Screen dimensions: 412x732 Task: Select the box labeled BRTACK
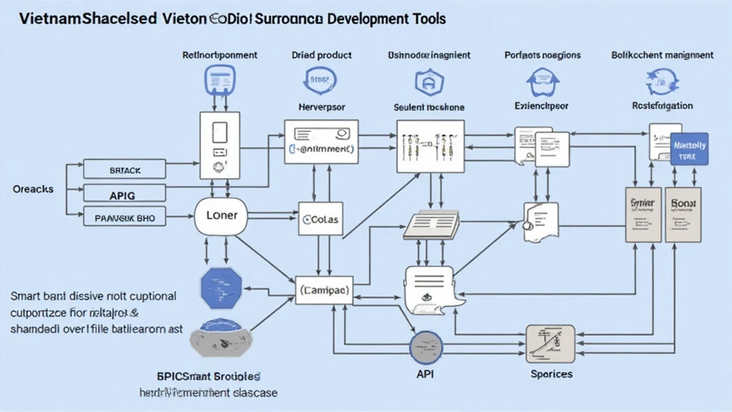pyautogui.click(x=125, y=170)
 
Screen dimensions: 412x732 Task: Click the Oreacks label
pyautogui.click(x=34, y=189)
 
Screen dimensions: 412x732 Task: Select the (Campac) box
pyautogui.click(x=325, y=290)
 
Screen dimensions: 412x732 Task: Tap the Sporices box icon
pyautogui.click(x=550, y=344)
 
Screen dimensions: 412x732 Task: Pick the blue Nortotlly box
pyautogui.click(x=689, y=149)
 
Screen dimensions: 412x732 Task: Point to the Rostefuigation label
pyautogui.click(x=662, y=106)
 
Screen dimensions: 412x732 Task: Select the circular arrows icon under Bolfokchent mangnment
pyautogui.click(x=661, y=81)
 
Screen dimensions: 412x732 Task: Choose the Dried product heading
pyautogui.click(x=322, y=54)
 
